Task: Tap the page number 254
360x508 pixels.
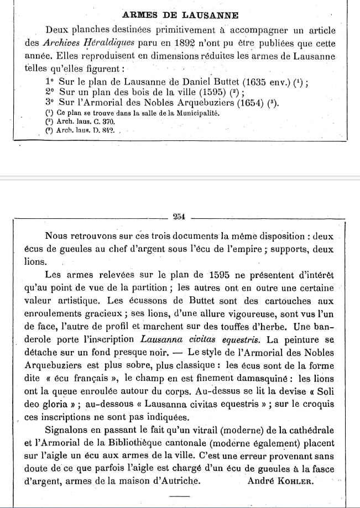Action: click(179, 217)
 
